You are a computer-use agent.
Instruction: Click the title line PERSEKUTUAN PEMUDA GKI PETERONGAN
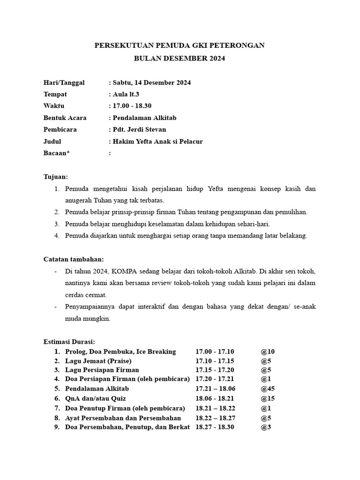(x=180, y=45)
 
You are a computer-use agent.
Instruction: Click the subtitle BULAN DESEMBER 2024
(x=180, y=59)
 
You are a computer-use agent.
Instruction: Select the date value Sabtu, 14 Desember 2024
(x=151, y=82)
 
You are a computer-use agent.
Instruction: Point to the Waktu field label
(x=54, y=106)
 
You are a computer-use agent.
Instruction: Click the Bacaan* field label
(x=57, y=153)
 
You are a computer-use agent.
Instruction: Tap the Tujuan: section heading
(x=56, y=177)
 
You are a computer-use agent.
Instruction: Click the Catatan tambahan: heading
(x=74, y=259)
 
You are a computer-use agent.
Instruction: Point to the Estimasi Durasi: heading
(x=69, y=342)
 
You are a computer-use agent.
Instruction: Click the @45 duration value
(x=268, y=389)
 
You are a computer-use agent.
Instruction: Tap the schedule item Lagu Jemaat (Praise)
(x=98, y=361)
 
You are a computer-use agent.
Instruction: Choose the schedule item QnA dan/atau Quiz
(x=97, y=398)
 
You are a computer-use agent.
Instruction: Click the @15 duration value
(x=268, y=398)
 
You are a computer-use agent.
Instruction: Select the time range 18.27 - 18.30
(x=215, y=427)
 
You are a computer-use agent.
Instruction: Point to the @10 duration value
(x=268, y=352)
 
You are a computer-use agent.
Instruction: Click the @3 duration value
(x=266, y=427)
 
